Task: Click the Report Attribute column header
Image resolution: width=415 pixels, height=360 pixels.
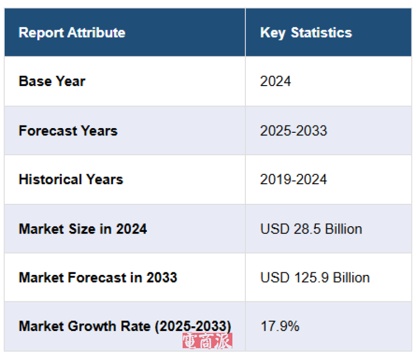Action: point(72,33)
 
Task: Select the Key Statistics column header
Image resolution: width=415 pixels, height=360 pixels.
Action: point(306,33)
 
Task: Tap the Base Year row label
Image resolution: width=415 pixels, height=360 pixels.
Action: point(52,81)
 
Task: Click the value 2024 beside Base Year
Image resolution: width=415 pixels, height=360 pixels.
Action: point(275,81)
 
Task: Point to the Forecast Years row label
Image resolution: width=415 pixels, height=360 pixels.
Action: point(68,130)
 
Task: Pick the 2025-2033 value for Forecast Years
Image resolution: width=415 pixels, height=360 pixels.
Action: point(294,130)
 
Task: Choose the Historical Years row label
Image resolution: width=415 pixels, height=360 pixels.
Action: point(71,179)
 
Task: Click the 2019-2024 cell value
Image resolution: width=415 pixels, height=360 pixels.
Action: point(294,179)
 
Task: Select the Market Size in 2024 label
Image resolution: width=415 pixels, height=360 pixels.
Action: point(82,229)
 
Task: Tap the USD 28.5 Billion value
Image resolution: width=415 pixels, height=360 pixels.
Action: point(311,229)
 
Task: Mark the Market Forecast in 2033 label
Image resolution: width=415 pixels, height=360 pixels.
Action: point(98,278)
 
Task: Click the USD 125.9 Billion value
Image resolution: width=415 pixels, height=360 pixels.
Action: point(315,278)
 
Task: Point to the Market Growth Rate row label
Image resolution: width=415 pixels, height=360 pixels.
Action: point(125,326)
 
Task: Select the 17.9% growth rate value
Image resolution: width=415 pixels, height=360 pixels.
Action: point(280,326)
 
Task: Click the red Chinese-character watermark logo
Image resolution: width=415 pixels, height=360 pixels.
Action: point(207,341)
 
